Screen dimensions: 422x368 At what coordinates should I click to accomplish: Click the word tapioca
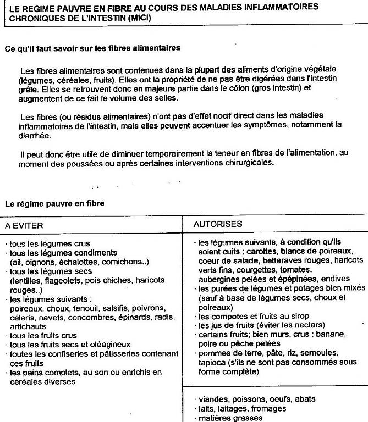point(211,362)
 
